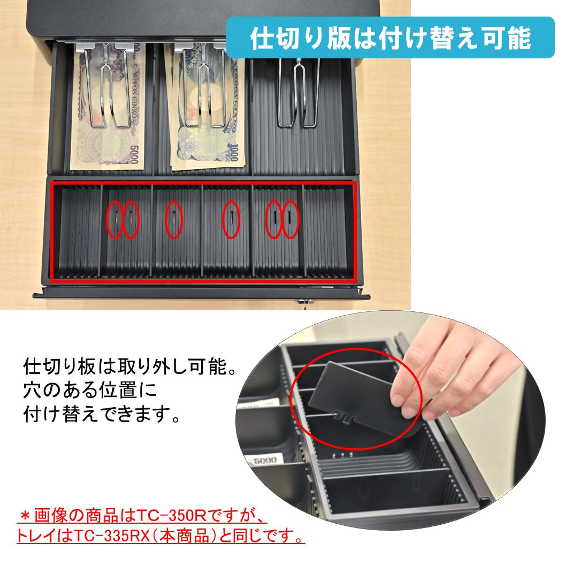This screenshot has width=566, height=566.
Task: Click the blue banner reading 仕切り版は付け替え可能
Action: (x=391, y=37)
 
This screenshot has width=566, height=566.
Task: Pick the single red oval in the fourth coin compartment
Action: (x=231, y=219)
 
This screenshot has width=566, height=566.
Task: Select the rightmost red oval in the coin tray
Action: (x=290, y=219)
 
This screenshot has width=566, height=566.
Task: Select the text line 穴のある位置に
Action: (x=90, y=391)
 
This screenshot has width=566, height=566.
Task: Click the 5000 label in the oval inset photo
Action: (x=265, y=460)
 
